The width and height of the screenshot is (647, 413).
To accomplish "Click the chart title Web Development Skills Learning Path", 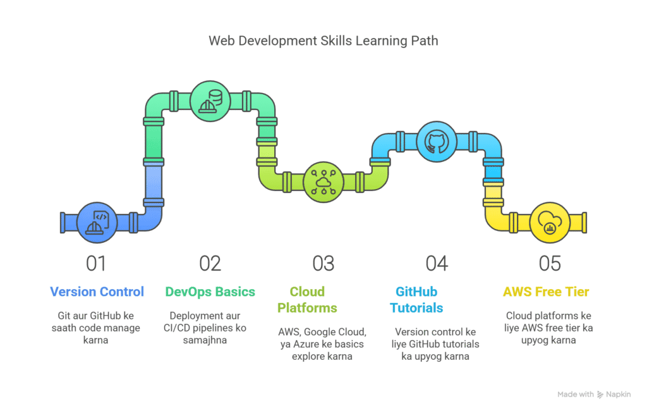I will (323, 41).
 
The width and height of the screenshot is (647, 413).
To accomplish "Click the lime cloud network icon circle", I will (323, 182).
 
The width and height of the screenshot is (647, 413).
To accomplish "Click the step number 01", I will (97, 263).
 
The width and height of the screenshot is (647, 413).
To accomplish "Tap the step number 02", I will (210, 263).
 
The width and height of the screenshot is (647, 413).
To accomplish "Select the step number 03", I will (323, 263).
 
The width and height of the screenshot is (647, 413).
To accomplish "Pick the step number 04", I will (436, 263).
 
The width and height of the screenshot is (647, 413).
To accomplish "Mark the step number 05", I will (549, 263).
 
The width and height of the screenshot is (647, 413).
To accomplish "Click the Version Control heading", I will (97, 292).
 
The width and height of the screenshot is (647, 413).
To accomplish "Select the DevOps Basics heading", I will (210, 292).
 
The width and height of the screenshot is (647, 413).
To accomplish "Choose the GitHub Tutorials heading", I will (416, 300).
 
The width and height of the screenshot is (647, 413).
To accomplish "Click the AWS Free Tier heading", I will (546, 292).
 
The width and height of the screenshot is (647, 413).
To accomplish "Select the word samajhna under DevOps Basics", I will (210, 341).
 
